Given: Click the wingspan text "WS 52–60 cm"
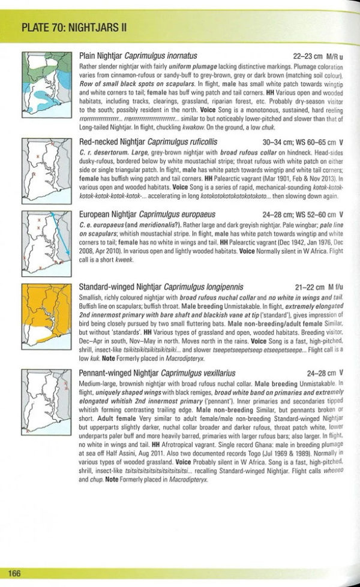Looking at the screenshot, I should (x=313, y=214).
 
